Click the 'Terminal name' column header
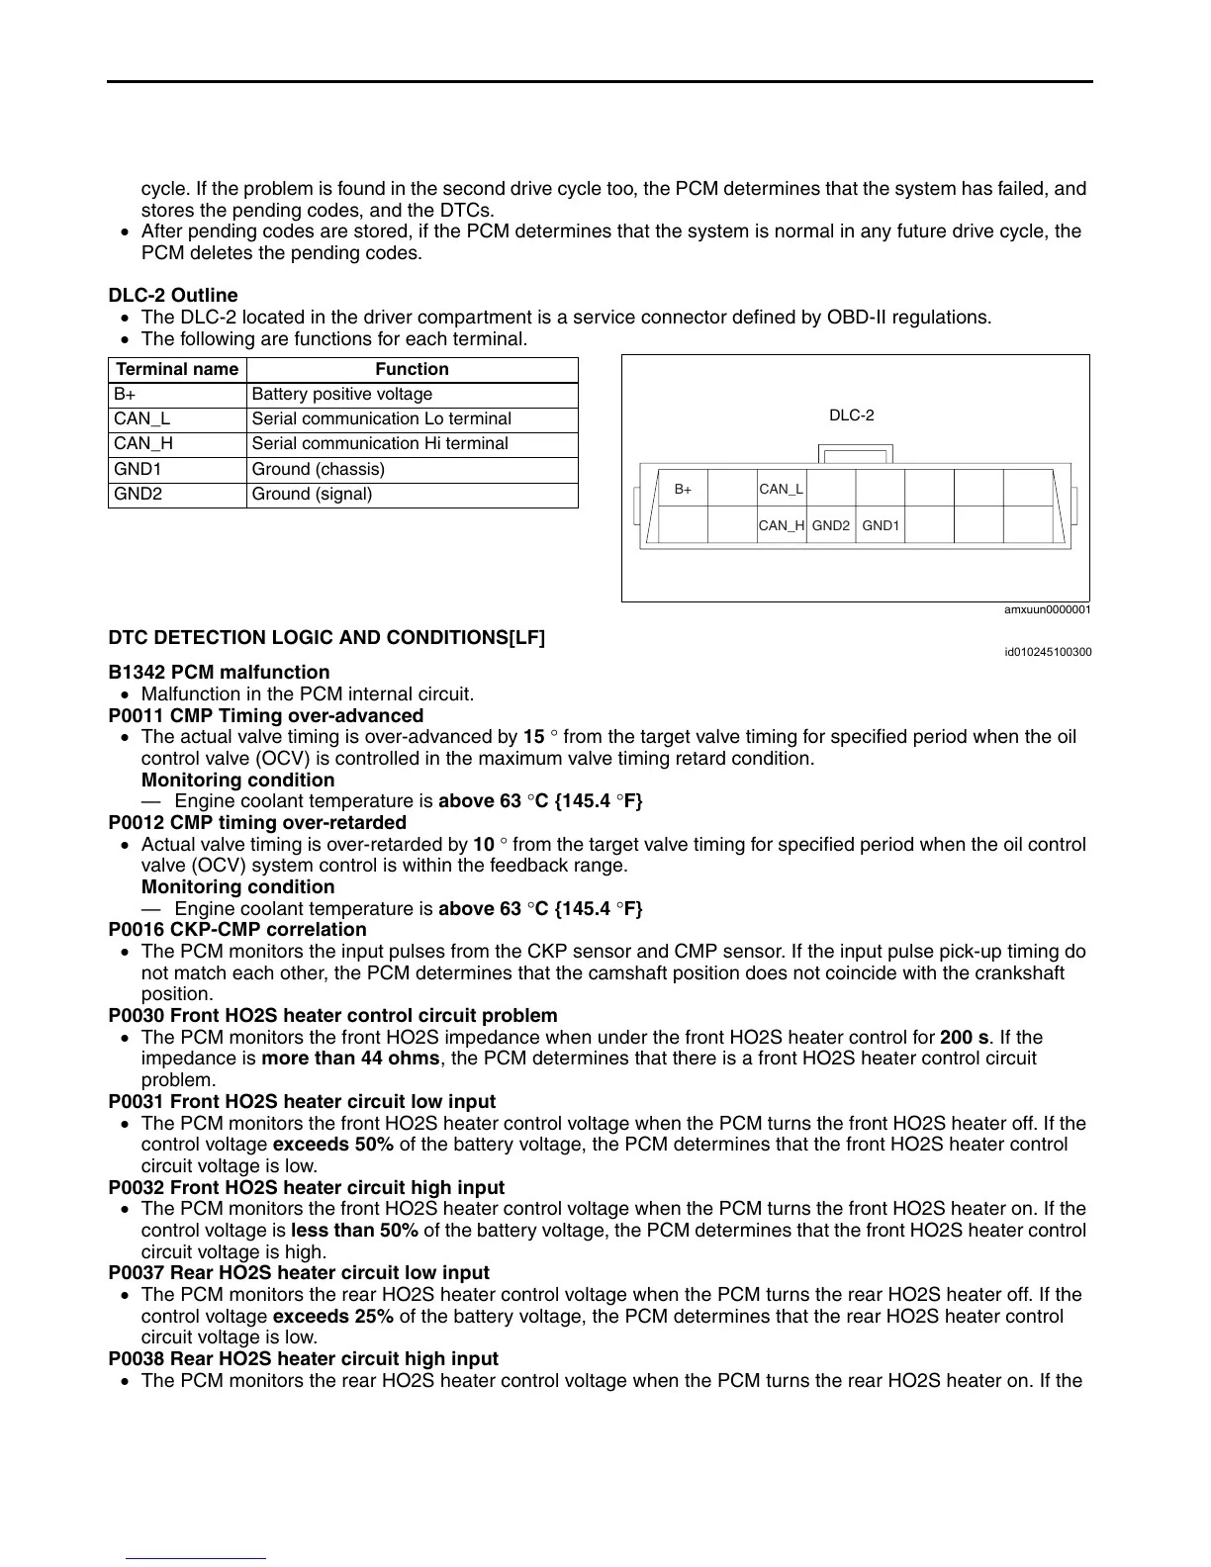(x=177, y=369)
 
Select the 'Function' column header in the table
(x=412, y=369)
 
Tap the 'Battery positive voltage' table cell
(x=342, y=394)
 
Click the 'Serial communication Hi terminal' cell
(x=380, y=443)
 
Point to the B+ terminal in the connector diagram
(x=684, y=489)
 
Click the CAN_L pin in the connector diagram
(x=782, y=489)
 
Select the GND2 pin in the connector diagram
(x=831, y=525)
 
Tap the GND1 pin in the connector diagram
(x=881, y=525)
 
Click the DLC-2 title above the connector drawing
(x=851, y=415)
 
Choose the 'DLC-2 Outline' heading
(x=173, y=295)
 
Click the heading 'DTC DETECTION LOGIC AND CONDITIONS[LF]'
(x=326, y=637)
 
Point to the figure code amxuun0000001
(x=1047, y=610)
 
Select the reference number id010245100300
(x=1048, y=652)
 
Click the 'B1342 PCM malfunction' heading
(x=219, y=672)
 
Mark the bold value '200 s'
(x=964, y=1037)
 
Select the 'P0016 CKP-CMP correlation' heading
(x=237, y=929)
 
